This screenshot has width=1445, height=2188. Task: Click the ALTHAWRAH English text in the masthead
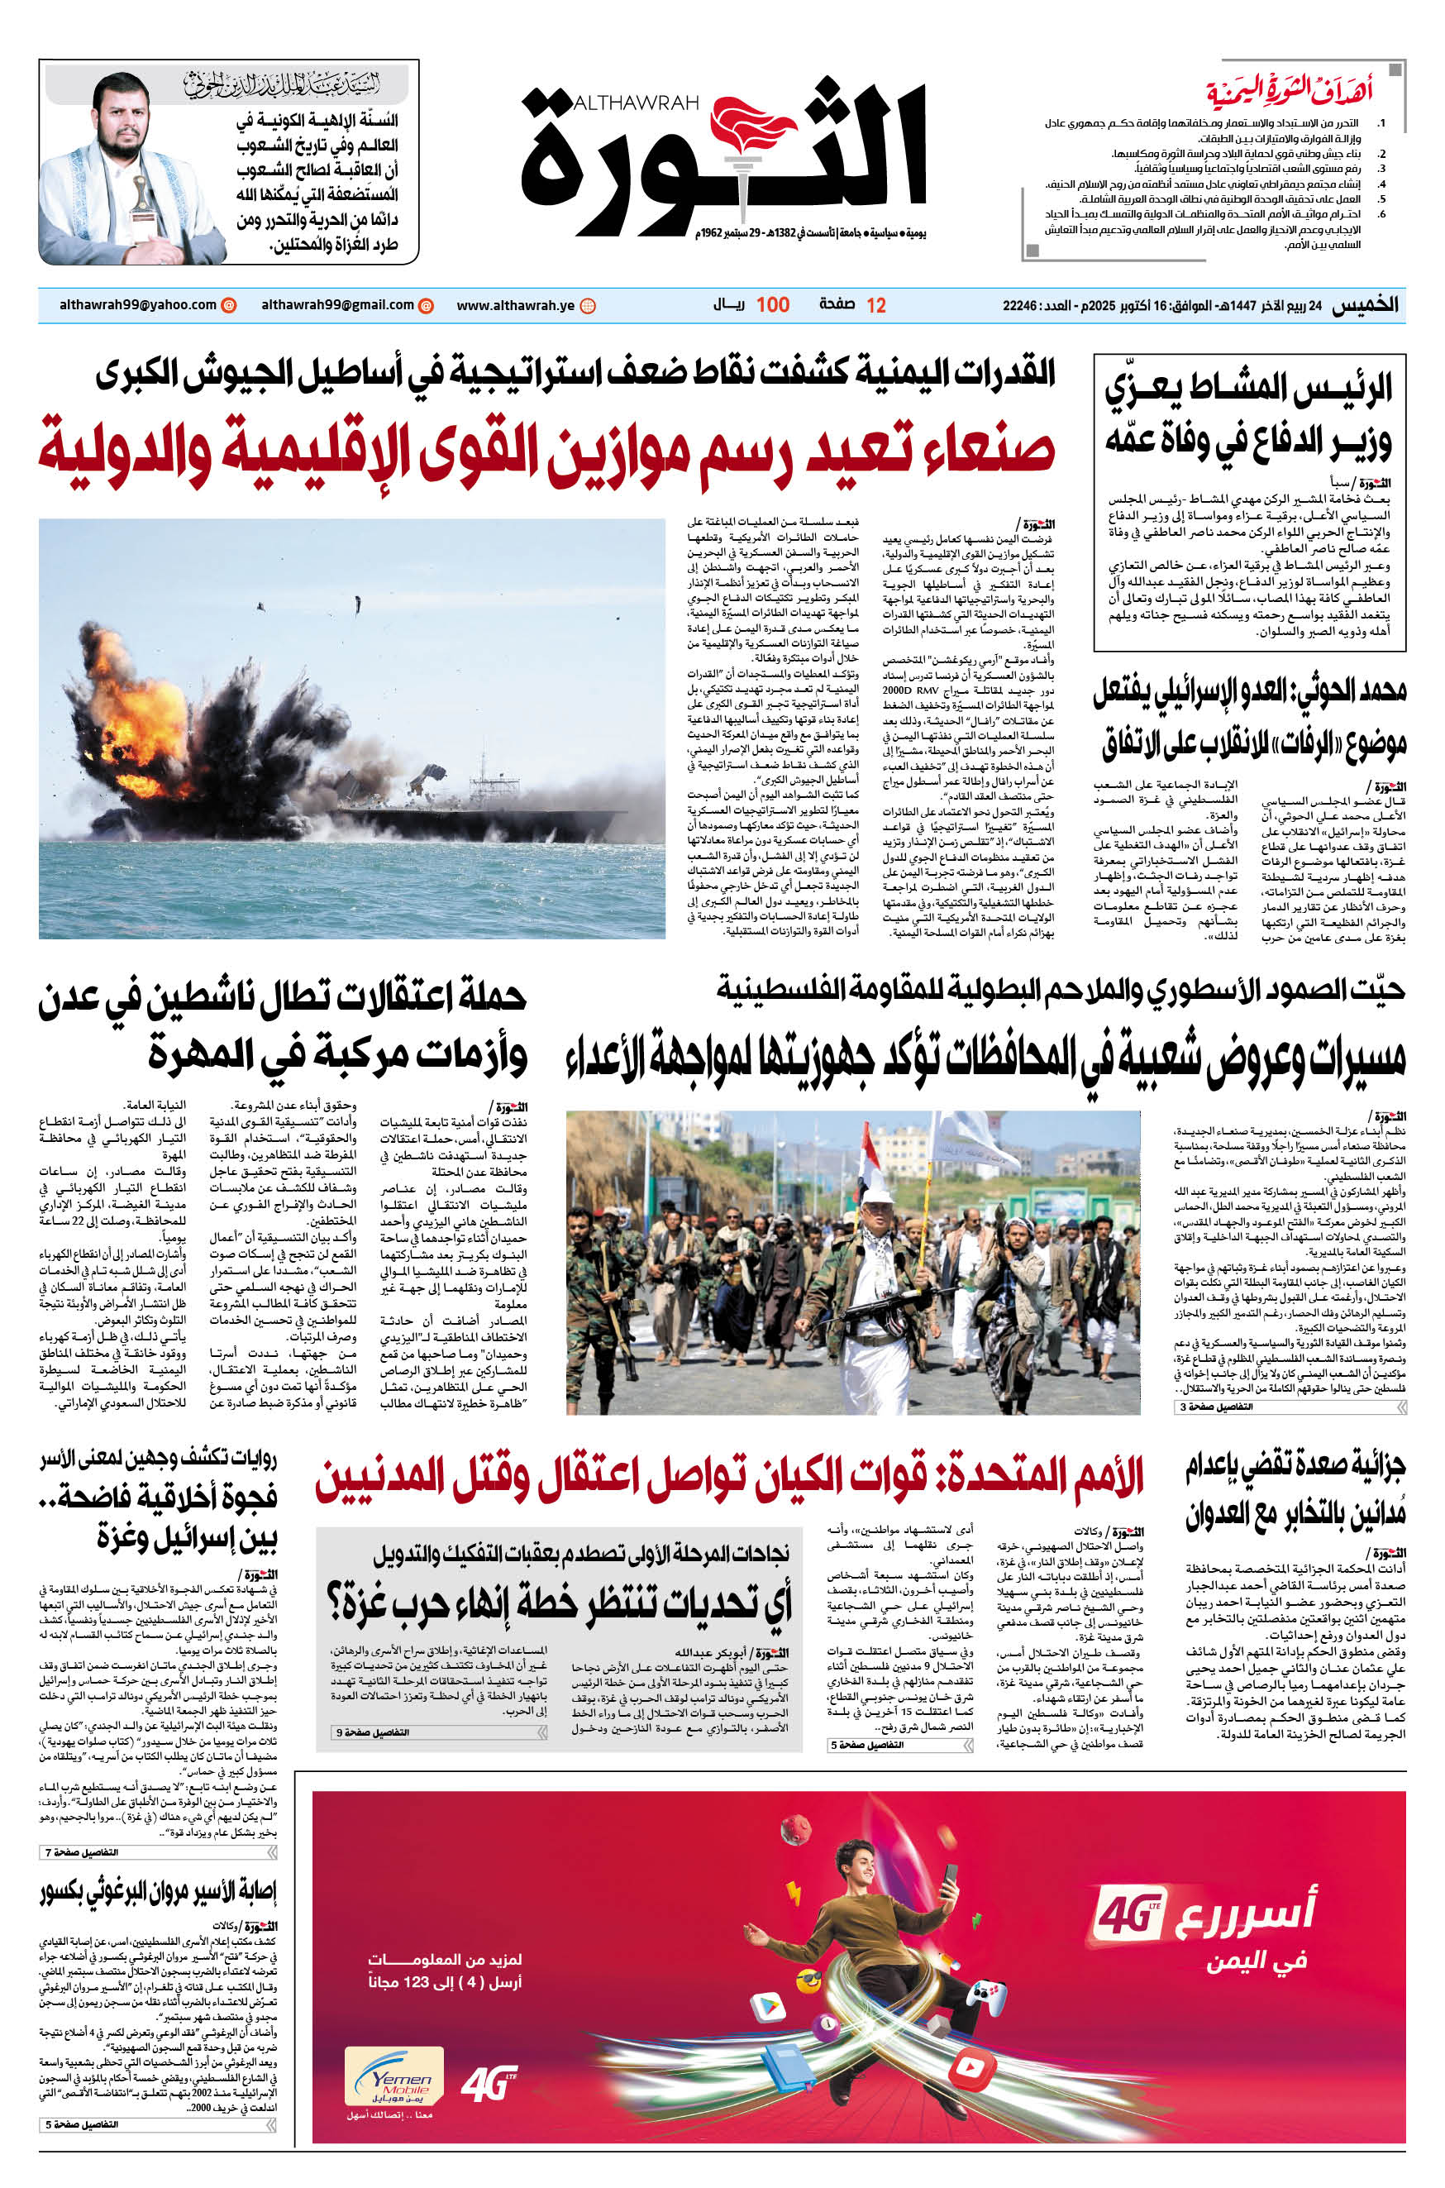click(635, 103)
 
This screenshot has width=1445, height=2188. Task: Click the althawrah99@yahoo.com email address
click(138, 305)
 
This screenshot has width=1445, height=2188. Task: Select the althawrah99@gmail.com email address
click(337, 305)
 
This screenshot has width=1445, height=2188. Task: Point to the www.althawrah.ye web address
click(515, 306)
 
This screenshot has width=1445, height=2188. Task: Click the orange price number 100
click(772, 305)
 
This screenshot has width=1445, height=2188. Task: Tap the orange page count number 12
click(875, 306)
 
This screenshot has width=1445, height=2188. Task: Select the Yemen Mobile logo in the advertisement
click(394, 2076)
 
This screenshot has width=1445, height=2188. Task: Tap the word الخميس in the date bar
click(1365, 306)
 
